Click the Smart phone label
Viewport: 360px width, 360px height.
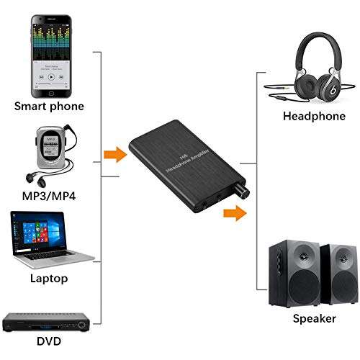pos(48,107)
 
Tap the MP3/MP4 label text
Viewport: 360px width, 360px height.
pos(48,196)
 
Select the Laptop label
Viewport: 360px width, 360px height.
pos(49,277)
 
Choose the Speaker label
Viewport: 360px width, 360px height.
pos(314,318)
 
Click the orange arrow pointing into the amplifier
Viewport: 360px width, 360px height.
pos(112,154)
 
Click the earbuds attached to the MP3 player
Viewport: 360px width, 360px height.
pos(32,177)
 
